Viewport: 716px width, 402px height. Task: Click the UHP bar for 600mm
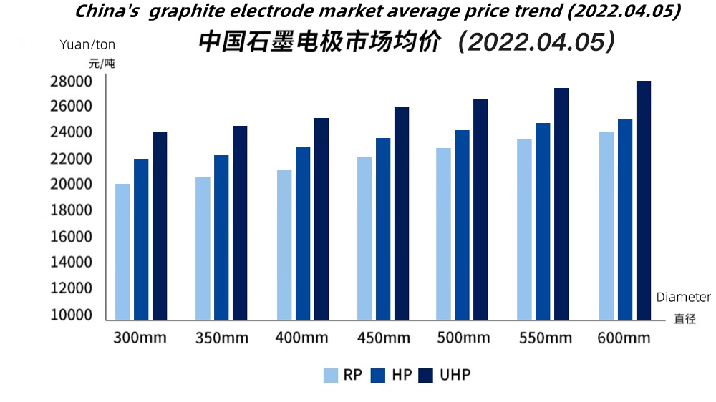[644, 200]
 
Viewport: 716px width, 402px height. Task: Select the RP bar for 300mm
[122, 252]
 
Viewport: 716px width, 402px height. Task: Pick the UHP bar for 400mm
[321, 219]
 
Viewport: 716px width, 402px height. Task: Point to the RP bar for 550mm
[525, 230]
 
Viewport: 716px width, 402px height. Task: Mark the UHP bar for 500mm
[480, 209]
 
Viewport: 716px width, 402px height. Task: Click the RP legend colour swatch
[331, 375]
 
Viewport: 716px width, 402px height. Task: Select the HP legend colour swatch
[379, 375]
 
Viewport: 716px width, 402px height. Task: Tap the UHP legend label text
[455, 375]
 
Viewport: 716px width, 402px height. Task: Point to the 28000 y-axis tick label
[71, 81]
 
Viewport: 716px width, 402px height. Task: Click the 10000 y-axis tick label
[71, 315]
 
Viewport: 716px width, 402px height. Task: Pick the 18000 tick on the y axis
[71, 210]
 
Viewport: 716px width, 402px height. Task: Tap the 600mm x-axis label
[624, 338]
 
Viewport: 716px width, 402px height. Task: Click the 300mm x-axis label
[140, 338]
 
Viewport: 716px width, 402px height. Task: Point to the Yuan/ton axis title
[87, 44]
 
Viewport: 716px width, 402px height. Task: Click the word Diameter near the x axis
[684, 297]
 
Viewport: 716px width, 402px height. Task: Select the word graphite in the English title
[190, 11]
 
